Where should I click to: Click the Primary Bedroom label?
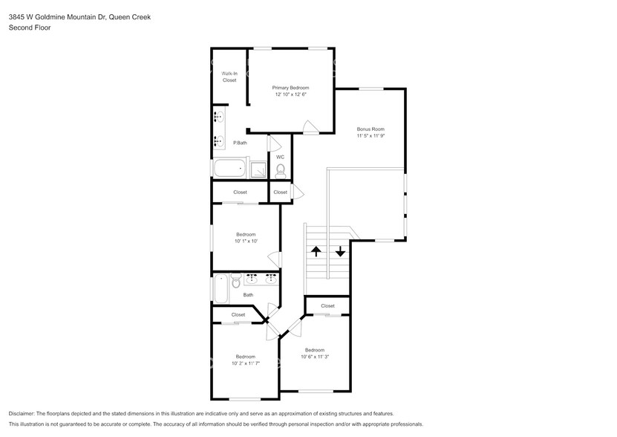pos(291,88)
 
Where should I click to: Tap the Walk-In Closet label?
pos(229,77)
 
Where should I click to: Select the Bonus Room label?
pos(370,129)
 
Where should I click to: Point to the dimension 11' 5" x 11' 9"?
pos(370,136)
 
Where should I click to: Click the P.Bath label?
pos(240,143)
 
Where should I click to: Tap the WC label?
pos(280,157)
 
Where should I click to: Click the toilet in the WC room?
pos(280,171)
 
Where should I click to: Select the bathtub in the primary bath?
pos(229,169)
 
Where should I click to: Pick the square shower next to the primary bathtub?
pos(258,169)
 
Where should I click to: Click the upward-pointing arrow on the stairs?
pos(316,251)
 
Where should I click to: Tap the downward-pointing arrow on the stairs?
pos(340,251)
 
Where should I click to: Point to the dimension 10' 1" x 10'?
pos(246,241)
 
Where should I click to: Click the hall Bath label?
pos(248,295)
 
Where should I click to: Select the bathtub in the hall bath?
pos(221,288)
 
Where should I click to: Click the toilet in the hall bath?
pos(235,281)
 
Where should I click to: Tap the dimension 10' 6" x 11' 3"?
pos(314,357)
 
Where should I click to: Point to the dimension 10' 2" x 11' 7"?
pos(245,363)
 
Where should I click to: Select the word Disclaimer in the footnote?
pos(22,413)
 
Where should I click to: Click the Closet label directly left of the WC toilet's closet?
pos(240,192)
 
